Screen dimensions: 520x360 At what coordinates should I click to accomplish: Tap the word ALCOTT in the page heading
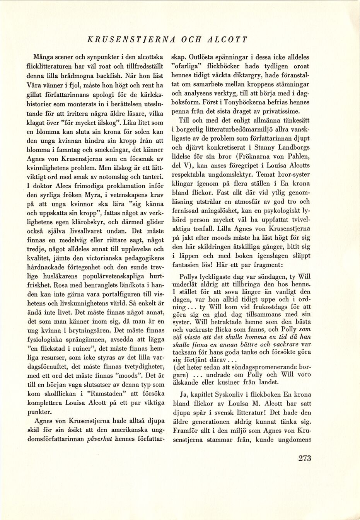point(227,39)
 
